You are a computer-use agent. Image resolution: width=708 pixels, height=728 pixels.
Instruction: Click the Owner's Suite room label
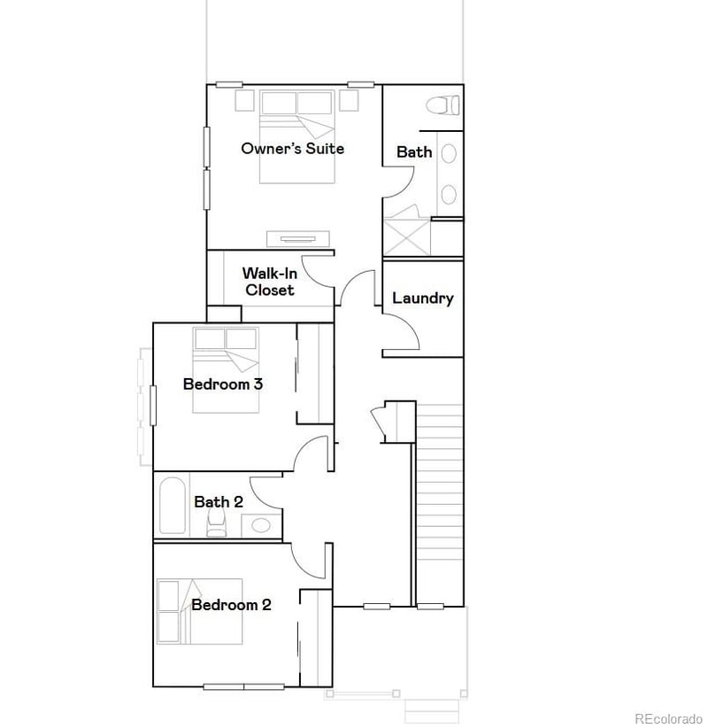pos(292,149)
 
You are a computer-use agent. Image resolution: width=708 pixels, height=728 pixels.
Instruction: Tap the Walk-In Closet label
pos(270,282)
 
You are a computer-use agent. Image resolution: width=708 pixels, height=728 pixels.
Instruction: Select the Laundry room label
pos(422,298)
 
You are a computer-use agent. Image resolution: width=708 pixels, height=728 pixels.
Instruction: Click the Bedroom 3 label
pos(222,384)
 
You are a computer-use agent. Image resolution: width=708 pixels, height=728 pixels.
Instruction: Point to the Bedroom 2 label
pos(231,606)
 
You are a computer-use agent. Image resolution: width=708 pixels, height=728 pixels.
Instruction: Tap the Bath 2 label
pos(219,502)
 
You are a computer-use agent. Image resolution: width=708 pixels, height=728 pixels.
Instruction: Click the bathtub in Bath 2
pos(172,507)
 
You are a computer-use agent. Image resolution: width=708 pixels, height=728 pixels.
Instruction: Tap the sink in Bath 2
pos(260,524)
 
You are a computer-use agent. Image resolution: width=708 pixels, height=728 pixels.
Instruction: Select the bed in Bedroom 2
pos(200,611)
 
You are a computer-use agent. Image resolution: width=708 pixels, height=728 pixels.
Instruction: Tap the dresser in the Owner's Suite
pos(298,238)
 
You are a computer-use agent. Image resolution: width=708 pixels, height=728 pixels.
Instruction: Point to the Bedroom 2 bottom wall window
pos(242,686)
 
